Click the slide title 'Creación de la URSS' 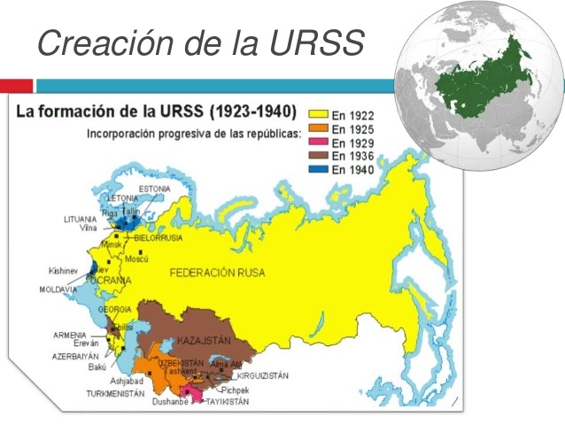coord(200,42)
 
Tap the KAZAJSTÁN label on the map coord(204,341)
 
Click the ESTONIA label coord(154,189)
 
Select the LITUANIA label coord(80,219)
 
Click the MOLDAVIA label coord(58,289)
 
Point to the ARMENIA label coord(69,335)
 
